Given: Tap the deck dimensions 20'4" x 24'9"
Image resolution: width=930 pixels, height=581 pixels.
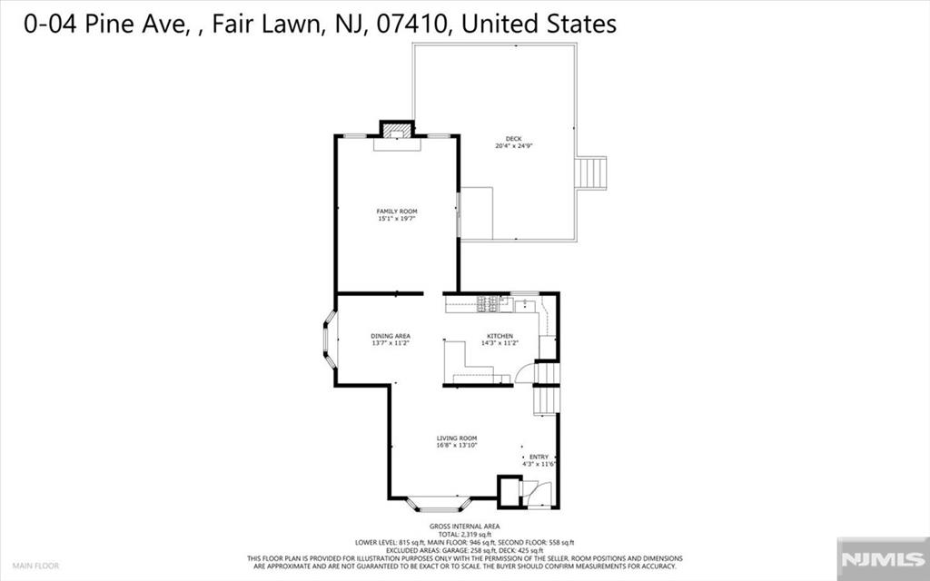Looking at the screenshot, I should [514, 146].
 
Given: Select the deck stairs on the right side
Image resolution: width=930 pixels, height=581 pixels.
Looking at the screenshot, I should [592, 172].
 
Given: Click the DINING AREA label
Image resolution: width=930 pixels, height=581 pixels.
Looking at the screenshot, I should [391, 336].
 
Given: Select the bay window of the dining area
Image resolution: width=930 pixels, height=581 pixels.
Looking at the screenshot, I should [330, 340].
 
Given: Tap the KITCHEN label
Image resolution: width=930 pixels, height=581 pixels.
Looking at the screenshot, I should [499, 336].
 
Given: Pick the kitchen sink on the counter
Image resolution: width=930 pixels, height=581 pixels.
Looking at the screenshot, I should [525, 305].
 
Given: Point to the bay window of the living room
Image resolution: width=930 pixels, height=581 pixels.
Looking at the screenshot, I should [439, 501].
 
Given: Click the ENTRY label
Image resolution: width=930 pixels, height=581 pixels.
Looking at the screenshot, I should [539, 457].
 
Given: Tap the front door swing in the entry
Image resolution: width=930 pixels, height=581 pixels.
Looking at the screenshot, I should [542, 493].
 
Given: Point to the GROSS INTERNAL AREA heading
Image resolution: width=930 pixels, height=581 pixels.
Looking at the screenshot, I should [464, 527].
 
